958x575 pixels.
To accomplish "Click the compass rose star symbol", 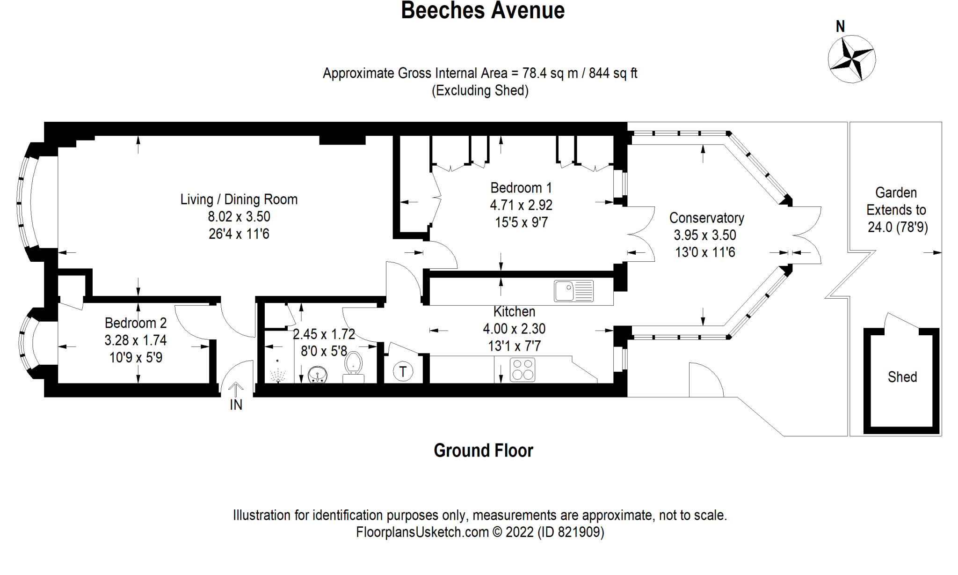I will click(851, 59).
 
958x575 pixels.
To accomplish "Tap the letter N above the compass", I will click(840, 27).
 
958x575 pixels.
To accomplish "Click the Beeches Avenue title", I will click(483, 10).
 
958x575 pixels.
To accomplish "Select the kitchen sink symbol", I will click(573, 291).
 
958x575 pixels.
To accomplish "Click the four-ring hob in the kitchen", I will click(522, 369).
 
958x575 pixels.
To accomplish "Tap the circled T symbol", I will click(403, 372).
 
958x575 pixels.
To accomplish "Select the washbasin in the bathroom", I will click(318, 375).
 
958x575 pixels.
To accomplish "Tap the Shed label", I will click(902, 377).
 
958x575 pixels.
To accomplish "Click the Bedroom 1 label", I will click(521, 188).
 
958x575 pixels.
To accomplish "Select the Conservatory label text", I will click(706, 218).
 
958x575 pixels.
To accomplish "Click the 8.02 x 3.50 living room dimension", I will click(239, 216).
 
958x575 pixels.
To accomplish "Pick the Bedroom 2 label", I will click(136, 323).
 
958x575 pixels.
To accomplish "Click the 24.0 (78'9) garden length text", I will click(897, 227).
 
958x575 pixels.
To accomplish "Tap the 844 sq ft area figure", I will click(613, 73).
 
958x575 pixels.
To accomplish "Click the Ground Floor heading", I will click(483, 450).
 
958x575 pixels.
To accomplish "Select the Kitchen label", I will click(514, 311).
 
